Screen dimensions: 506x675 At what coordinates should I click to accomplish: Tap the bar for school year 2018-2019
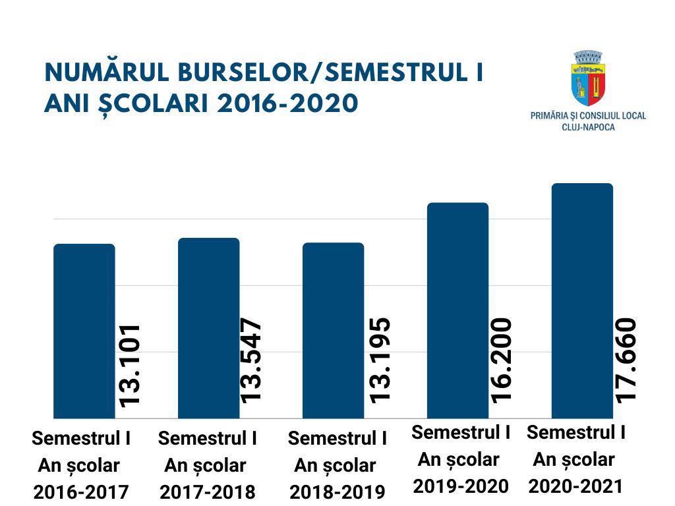[333, 330]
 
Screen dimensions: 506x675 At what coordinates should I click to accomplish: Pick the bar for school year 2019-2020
[458, 310]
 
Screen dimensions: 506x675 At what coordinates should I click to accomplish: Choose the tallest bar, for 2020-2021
[582, 300]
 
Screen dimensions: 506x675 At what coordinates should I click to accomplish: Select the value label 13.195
[380, 360]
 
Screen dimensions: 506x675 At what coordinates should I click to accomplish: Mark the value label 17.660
[625, 360]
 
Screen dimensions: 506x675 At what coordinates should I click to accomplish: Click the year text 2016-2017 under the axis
[81, 492]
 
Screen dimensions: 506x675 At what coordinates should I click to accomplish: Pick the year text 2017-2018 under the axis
[208, 492]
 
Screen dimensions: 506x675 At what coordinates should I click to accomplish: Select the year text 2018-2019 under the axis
[337, 492]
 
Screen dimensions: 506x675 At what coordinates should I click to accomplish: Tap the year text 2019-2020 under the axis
[461, 486]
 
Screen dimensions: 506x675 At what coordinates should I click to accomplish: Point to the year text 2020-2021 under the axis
[575, 486]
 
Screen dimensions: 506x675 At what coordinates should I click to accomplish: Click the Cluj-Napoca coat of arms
[588, 78]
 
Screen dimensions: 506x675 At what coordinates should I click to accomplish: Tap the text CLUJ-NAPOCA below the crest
[588, 126]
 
